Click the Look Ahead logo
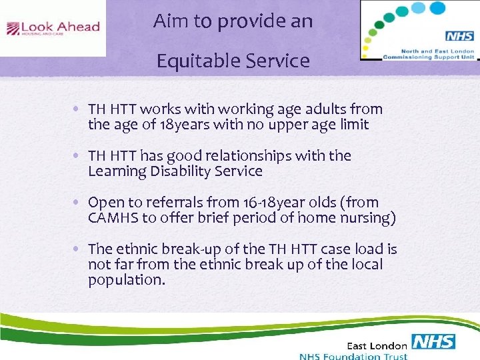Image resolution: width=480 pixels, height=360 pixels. point(53,28)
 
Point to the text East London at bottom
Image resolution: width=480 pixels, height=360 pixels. point(377,345)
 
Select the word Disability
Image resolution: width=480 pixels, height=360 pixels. point(177,171)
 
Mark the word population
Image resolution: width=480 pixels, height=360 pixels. point(126,280)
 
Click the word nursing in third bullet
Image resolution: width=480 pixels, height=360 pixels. point(367,217)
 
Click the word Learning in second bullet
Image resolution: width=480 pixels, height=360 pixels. point(115,171)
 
